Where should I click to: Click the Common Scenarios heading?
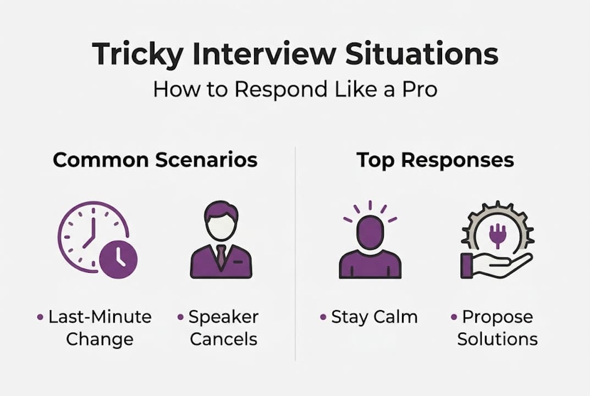pyautogui.click(x=155, y=160)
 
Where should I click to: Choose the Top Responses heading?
pyautogui.click(x=435, y=160)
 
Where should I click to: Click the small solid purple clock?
pyautogui.click(x=119, y=259)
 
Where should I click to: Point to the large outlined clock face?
pyautogui.click(x=88, y=231)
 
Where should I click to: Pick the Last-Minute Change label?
pyautogui.click(x=99, y=328)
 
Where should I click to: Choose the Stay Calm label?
pyautogui.click(x=374, y=317)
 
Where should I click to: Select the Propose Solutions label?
pyautogui.click(x=497, y=328)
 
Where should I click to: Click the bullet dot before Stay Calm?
pyautogui.click(x=324, y=318)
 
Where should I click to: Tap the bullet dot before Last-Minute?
pyautogui.click(x=40, y=318)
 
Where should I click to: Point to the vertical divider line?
pyautogui.click(x=295, y=253)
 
